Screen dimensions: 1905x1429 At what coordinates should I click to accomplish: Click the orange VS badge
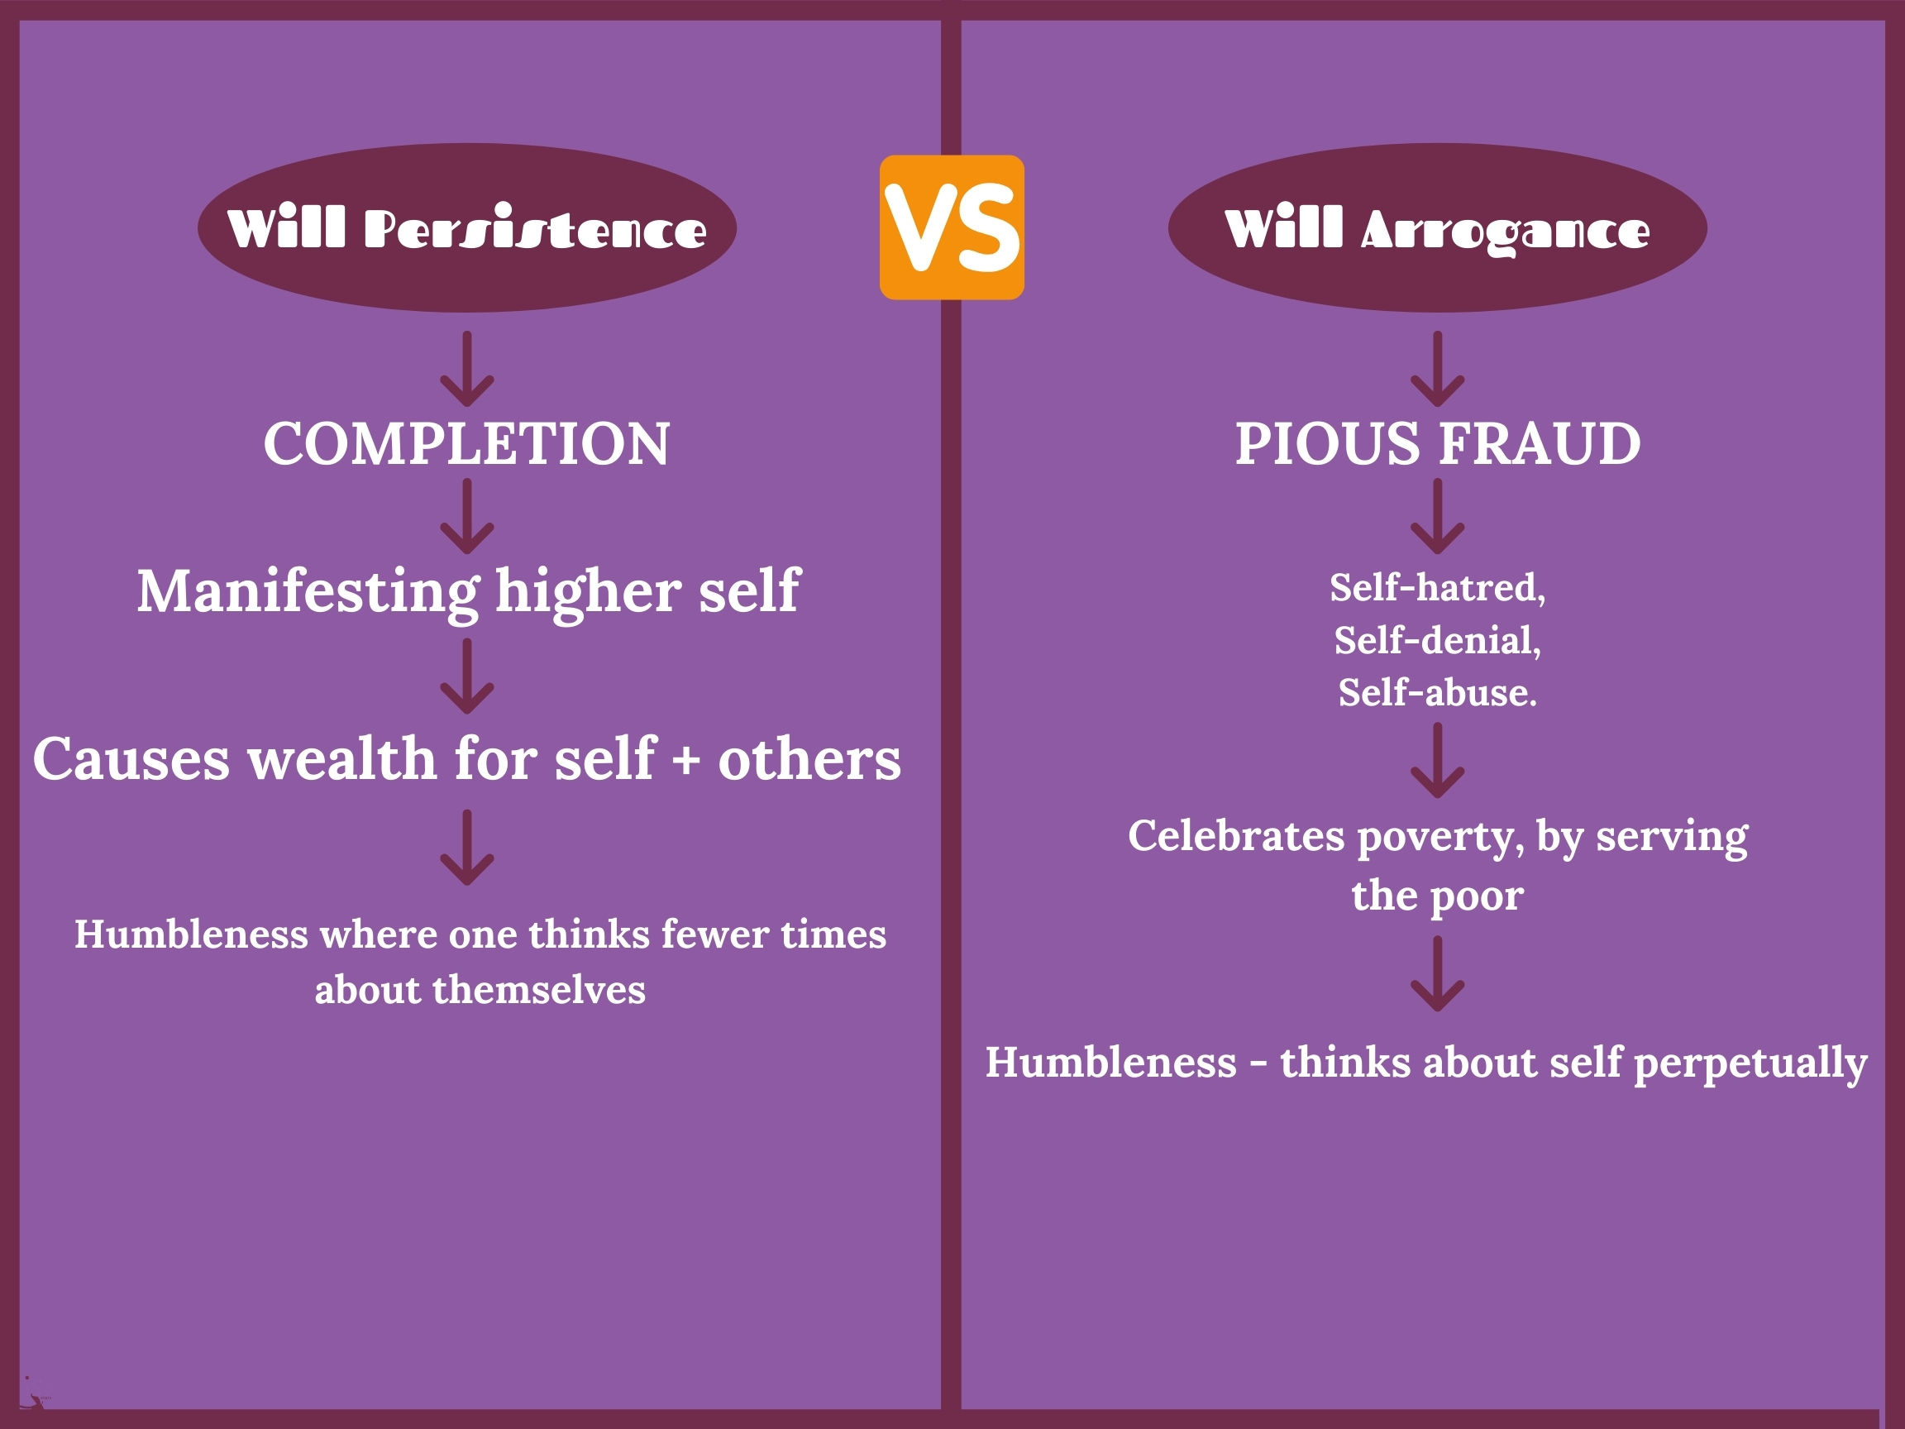pos(952,227)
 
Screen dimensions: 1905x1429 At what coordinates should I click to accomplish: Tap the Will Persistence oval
pos(467,227)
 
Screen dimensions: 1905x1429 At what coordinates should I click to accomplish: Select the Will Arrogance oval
pos(1437,227)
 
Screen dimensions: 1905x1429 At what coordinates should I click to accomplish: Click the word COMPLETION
pos(467,444)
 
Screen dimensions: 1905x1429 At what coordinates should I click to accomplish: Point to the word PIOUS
pos(1328,444)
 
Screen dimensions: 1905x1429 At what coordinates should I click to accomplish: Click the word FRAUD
pos(1540,444)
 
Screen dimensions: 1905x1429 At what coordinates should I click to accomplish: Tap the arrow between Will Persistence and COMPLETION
pos(467,369)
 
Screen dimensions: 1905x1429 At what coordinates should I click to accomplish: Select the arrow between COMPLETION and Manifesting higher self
pos(467,517)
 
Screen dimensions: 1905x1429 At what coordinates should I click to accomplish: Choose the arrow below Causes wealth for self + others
pos(467,848)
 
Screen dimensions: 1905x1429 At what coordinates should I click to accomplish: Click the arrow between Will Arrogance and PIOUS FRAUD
pos(1437,369)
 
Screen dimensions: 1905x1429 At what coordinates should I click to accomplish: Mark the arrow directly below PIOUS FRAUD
pos(1437,517)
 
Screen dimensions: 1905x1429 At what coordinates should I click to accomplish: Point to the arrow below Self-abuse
pos(1437,761)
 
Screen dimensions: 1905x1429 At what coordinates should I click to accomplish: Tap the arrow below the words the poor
pos(1437,974)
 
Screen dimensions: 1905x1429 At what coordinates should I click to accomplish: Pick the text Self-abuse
pos(1437,693)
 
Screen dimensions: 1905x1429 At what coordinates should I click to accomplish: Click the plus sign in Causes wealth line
pos(686,762)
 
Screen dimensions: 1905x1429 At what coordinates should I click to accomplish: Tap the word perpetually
pos(1751,1063)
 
